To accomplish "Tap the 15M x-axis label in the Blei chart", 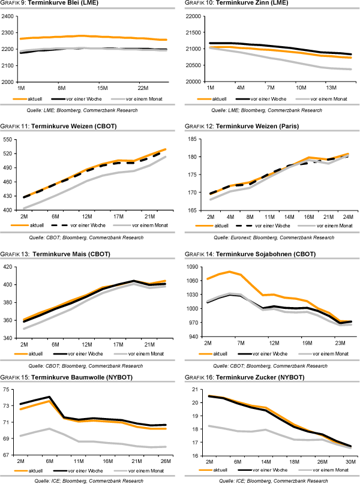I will (102, 88).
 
